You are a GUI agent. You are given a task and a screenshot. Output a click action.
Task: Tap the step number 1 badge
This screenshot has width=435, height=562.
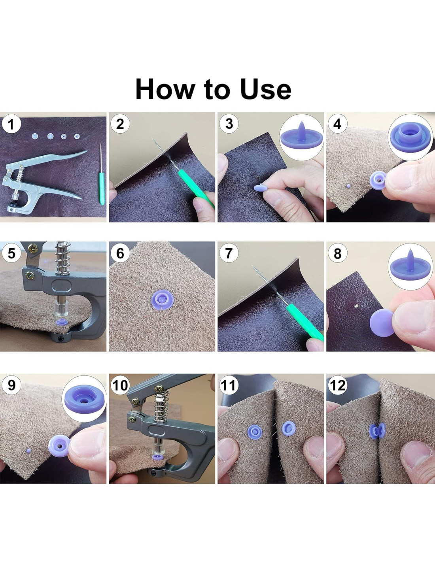[11, 124]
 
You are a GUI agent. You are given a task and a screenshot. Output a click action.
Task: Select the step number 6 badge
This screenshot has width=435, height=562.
[120, 253]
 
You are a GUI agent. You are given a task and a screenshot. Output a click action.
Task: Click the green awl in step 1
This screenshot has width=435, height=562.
[102, 174]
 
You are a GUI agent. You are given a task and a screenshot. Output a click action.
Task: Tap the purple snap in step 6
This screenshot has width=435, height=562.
[162, 300]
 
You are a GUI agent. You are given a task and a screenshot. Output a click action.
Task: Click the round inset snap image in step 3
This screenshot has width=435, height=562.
[301, 137]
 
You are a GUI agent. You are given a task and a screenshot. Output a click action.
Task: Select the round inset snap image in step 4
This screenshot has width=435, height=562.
[410, 137]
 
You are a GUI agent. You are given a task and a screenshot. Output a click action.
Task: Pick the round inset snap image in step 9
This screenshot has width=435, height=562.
[84, 399]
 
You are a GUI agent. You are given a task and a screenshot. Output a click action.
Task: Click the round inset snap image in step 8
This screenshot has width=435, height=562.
[410, 267]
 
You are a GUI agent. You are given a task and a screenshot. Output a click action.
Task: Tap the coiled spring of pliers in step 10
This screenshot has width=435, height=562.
[162, 407]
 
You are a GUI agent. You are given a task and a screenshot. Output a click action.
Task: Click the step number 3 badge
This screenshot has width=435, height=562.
[229, 124]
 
